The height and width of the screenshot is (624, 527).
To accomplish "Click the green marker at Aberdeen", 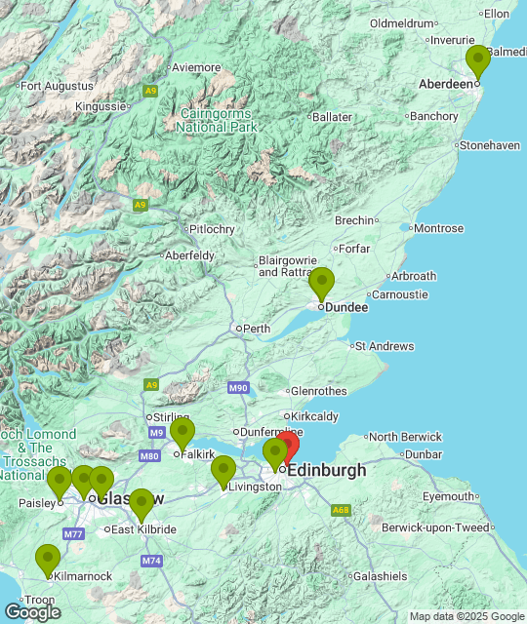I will [477, 61].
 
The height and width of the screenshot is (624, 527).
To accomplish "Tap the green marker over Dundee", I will [321, 284].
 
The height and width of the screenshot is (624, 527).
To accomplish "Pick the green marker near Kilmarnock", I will [48, 560].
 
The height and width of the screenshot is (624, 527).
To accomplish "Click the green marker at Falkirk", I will [182, 433].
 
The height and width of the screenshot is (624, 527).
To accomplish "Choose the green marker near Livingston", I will [223, 471].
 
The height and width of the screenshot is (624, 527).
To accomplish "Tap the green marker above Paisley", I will [60, 482].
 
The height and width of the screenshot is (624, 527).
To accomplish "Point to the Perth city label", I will [257, 329].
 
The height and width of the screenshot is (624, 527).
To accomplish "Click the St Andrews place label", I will [384, 346].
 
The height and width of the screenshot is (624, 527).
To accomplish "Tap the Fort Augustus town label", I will [56, 86].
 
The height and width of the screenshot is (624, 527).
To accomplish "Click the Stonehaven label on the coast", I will [489, 145].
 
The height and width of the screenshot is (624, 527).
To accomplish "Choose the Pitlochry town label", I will [212, 229].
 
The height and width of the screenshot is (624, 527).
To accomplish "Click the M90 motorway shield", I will [239, 388].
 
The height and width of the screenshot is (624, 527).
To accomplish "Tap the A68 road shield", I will [341, 510].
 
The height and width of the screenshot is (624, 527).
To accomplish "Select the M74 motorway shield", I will [151, 561].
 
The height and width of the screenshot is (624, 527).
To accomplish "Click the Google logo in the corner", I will [31, 611].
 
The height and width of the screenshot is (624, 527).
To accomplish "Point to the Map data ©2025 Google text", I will [466, 616].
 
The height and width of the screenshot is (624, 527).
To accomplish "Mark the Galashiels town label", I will [380, 576].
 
